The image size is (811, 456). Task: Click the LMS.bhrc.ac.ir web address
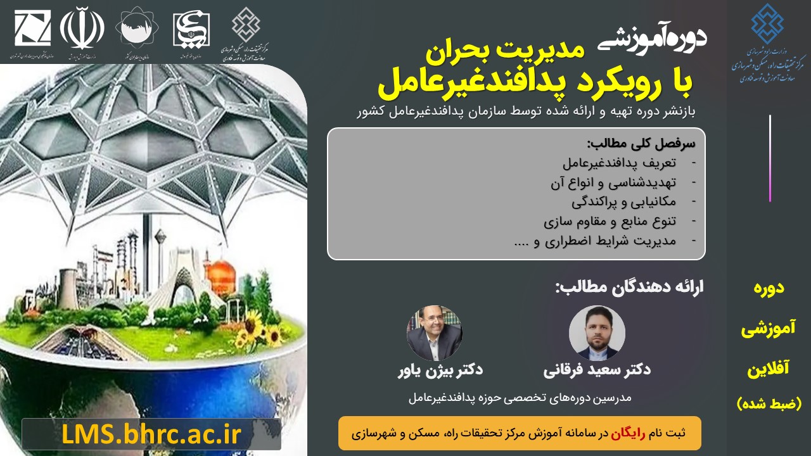click(151, 435)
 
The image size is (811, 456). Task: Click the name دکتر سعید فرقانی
click(597, 369)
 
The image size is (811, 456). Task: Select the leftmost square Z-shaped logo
click(32, 28)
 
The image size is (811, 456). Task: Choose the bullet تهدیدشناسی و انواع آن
click(613, 183)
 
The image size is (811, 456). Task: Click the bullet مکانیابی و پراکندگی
click(623, 203)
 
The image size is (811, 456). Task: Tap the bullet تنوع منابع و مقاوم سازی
click(610, 222)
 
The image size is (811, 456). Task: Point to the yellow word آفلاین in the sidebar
click(769, 369)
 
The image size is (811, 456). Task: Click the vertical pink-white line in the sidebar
click(770, 158)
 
